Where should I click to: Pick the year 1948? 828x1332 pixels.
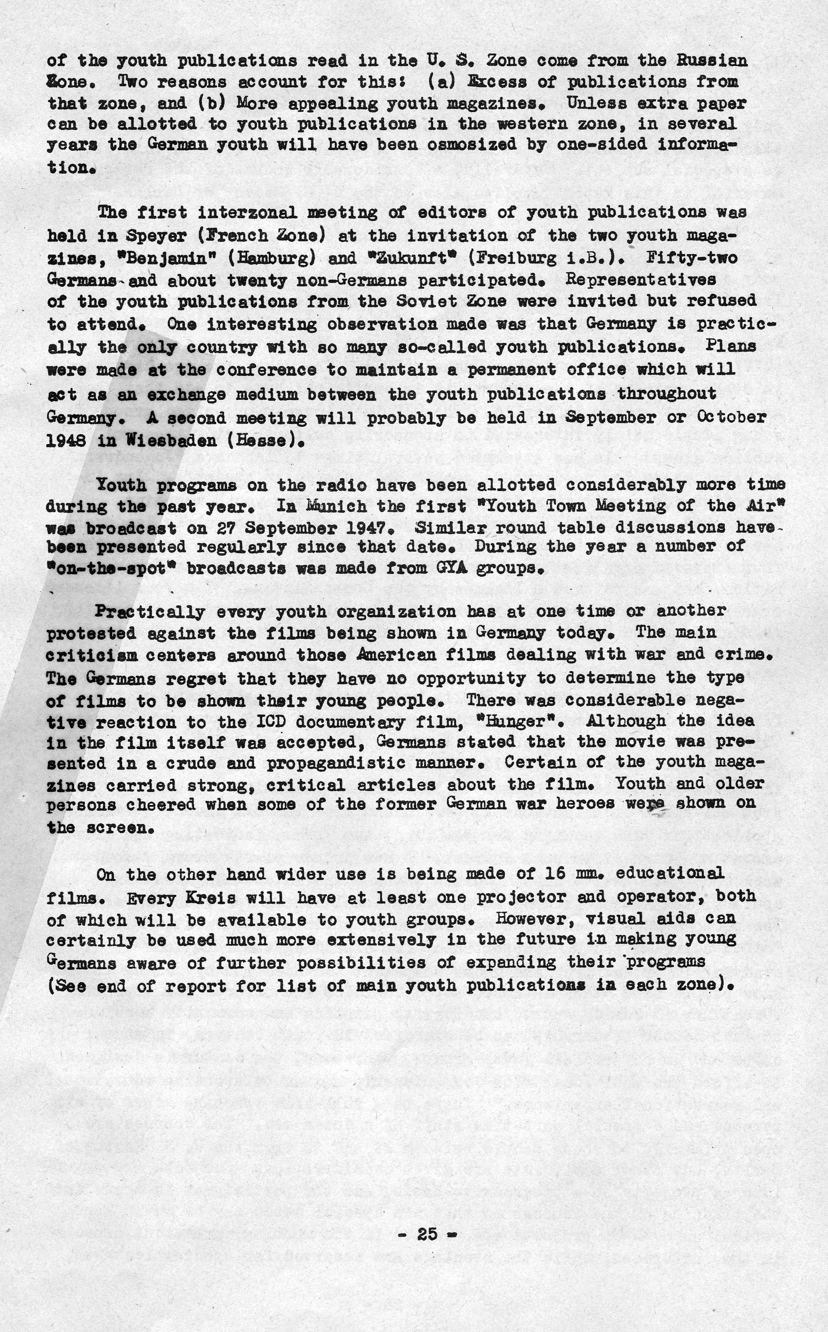pos(66,441)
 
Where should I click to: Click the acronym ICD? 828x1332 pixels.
pos(272,722)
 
